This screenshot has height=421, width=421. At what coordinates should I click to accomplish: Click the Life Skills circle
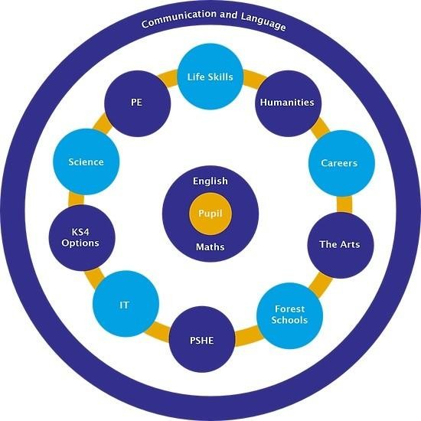click(210, 77)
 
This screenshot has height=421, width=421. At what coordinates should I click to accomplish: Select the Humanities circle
click(288, 103)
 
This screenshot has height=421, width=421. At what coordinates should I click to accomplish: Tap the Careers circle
click(341, 163)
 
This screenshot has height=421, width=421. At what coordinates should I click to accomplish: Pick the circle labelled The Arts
click(341, 245)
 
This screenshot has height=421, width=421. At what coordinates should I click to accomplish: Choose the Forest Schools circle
click(289, 315)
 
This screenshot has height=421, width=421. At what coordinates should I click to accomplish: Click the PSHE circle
click(202, 339)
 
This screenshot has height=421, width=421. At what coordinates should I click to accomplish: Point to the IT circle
click(126, 304)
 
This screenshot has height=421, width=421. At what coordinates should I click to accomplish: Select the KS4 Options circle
click(82, 237)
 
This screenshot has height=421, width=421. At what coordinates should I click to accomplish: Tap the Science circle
click(86, 162)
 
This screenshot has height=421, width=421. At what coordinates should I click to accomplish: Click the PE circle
click(138, 103)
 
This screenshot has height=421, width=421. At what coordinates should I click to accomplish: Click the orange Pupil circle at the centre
click(210, 214)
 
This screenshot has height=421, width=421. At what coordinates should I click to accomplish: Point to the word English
click(210, 181)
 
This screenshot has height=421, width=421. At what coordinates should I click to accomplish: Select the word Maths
click(210, 246)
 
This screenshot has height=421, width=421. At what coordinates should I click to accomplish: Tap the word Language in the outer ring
click(263, 21)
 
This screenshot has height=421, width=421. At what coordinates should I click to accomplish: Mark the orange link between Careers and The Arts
click(344, 204)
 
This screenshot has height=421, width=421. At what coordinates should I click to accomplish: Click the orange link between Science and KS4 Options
click(77, 199)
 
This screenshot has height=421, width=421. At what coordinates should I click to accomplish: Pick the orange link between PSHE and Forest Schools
click(247, 335)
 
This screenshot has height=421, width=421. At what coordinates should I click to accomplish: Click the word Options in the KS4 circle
click(80, 243)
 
